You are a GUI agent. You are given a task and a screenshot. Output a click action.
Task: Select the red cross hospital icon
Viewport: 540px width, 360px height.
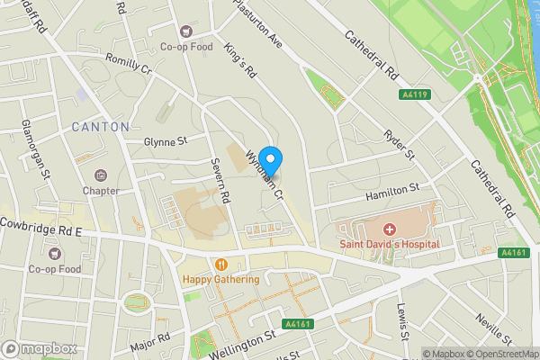(x=390, y=229)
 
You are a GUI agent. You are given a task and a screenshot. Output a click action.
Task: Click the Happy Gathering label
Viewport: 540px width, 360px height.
(x=220, y=279)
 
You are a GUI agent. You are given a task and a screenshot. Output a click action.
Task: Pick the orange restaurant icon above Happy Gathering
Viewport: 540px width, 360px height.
(x=220, y=265)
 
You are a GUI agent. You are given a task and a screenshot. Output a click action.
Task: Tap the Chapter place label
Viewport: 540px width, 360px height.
(x=101, y=191)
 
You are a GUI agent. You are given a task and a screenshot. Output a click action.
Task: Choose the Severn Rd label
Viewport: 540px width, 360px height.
(x=222, y=180)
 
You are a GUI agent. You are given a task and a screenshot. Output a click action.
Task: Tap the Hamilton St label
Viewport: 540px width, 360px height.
(x=392, y=191)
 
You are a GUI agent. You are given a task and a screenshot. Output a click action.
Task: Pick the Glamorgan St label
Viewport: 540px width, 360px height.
(x=40, y=150)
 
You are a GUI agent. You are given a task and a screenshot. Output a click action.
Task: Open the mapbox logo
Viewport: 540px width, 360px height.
(x=39, y=348)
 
